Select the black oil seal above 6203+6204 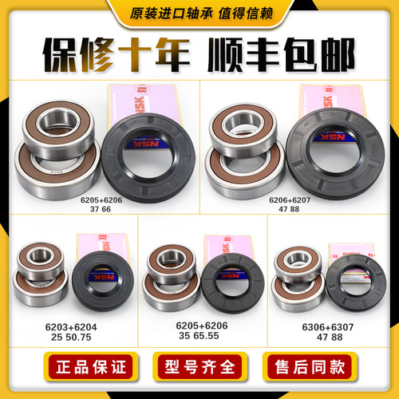98,275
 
